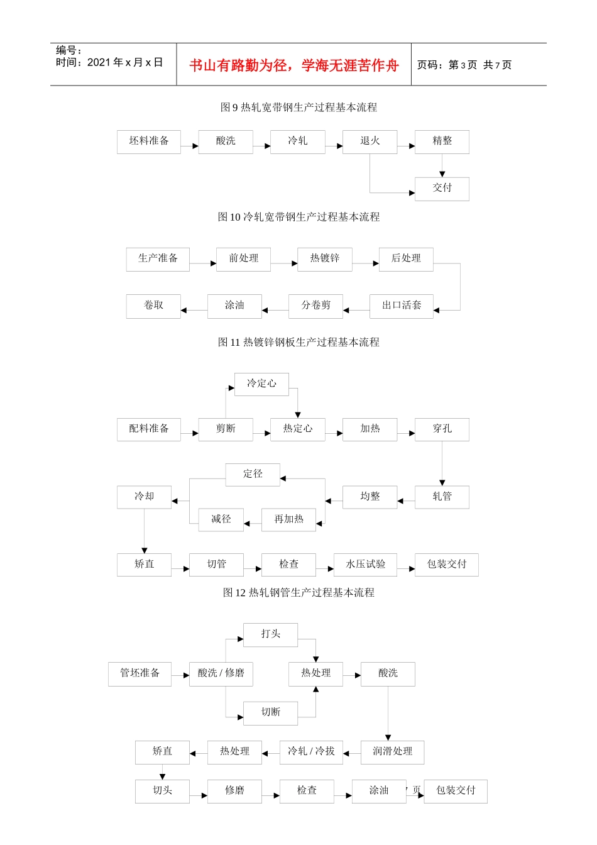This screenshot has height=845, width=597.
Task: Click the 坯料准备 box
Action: click(149, 141)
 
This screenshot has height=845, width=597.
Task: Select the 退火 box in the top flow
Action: click(370, 141)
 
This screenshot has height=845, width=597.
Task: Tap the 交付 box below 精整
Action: click(442, 189)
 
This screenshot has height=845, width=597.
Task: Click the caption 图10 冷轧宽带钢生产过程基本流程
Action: click(298, 217)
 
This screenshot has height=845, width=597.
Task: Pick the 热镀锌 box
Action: click(325, 259)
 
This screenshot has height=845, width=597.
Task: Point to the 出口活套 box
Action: click(402, 306)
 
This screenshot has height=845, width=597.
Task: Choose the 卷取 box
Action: click(153, 306)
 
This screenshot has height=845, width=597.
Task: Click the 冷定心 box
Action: click(261, 384)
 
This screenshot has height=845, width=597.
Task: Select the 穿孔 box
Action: click(442, 429)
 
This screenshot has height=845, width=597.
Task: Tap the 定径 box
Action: click(253, 475)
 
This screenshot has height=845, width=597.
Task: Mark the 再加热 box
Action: click(288, 520)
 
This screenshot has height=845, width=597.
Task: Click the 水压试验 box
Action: click(365, 565)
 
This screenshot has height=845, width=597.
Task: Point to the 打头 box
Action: click(270, 635)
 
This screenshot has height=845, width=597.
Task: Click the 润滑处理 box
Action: click(392, 752)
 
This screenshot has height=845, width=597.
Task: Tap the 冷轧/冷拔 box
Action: click(311, 752)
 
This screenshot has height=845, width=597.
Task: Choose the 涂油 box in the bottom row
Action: click(379, 791)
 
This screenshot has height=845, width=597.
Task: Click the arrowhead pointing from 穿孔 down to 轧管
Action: click(442, 482)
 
